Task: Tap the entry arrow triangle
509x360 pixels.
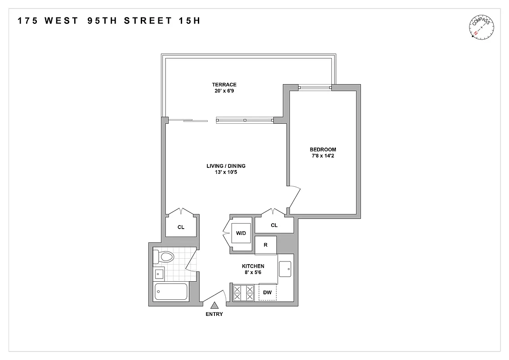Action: coord(214,305)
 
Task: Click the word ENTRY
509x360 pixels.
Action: coord(214,314)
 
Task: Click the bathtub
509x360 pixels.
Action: coord(171,292)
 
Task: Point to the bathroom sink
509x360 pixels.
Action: coord(159,273)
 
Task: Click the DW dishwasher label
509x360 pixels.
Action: coord(268,293)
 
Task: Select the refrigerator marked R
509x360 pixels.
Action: coord(266,245)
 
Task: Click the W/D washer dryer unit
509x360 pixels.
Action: coord(241,234)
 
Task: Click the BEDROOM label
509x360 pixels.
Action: coord(323,150)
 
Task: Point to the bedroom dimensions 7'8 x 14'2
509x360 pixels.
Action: coord(323,156)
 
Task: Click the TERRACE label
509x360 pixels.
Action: coord(224,85)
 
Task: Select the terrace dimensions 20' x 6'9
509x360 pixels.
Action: coord(224,91)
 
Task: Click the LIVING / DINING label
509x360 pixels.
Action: coord(226,166)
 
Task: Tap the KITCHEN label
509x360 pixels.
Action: coord(253,266)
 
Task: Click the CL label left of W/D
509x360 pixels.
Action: coord(181,227)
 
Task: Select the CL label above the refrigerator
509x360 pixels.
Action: coord(274,225)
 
